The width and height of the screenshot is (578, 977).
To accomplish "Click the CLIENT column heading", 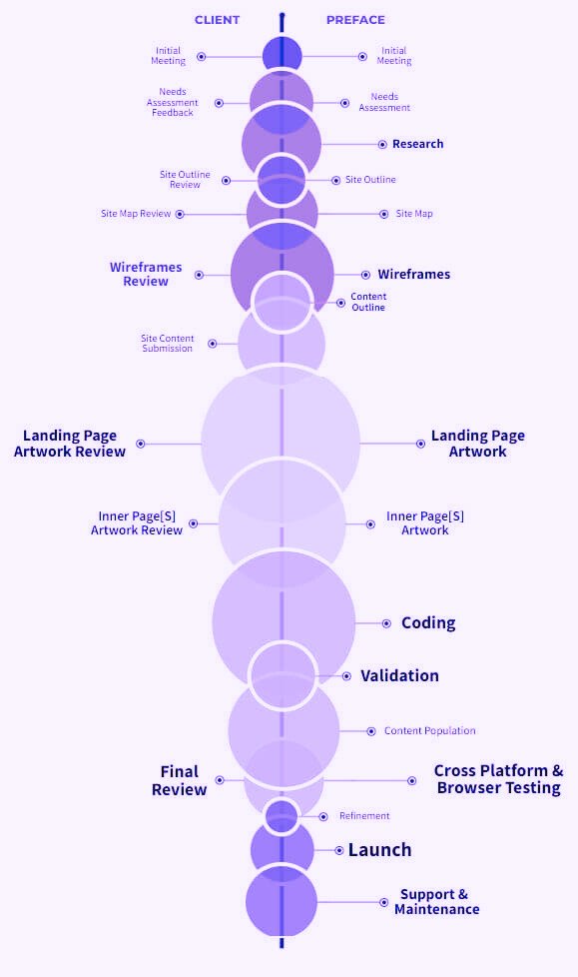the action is (217, 20).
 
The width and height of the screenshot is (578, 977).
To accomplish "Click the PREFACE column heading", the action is (355, 20).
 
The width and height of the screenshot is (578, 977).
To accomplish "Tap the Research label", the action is (418, 144).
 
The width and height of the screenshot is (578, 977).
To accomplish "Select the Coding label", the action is (428, 623).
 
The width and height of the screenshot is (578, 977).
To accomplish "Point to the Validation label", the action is (399, 675).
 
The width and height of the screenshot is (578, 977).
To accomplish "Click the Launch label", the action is (380, 850).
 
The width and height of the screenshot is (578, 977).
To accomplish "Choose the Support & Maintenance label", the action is (436, 902).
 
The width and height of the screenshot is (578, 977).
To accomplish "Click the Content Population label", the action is (430, 731).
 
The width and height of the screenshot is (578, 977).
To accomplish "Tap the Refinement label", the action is (364, 815).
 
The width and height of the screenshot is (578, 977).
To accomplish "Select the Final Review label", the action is (180, 780).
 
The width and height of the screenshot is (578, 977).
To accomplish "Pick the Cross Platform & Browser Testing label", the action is (499, 779).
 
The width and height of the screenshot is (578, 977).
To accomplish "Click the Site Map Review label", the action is (136, 214).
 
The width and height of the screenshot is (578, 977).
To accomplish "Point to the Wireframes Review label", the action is (146, 274).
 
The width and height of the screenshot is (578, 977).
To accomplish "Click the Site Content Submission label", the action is (167, 344).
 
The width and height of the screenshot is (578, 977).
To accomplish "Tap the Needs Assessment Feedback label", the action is (173, 102).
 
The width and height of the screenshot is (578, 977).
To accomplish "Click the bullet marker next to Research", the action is (382, 145).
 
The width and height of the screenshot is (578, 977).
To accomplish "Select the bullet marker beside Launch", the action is (338, 850).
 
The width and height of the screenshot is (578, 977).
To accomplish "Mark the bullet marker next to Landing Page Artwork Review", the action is (141, 444).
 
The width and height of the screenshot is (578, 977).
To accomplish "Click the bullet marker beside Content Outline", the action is (340, 303).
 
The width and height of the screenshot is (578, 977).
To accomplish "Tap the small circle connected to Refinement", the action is (282, 816).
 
